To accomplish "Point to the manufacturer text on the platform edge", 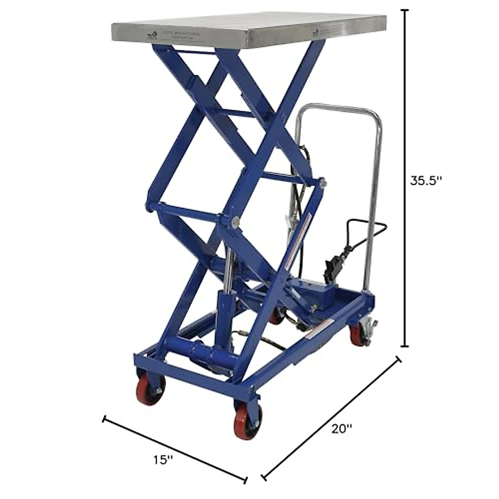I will [x=175, y=35].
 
